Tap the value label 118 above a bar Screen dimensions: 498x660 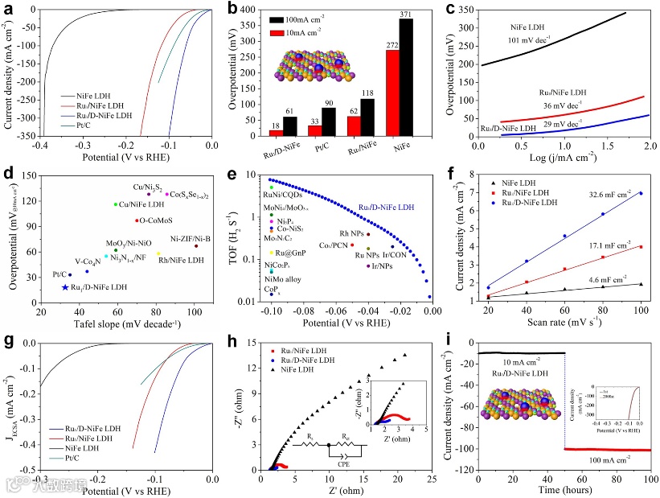click(x=367, y=91)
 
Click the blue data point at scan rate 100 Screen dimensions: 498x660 click(x=641, y=193)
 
